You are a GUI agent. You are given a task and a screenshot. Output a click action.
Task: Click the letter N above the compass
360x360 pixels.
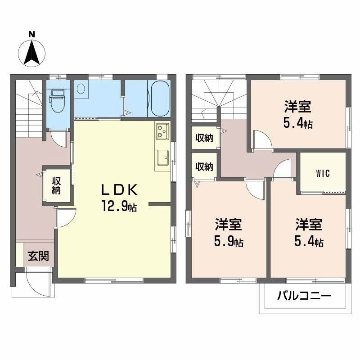click(x=31, y=34)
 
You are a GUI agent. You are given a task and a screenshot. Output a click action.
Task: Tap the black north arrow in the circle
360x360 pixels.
click(x=32, y=52)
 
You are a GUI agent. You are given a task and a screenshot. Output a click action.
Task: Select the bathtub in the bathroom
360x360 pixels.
click(x=160, y=99)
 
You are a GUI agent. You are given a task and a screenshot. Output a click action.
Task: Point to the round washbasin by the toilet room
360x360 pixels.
click(x=81, y=88)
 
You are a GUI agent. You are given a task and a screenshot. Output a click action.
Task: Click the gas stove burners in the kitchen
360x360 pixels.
click(x=162, y=131)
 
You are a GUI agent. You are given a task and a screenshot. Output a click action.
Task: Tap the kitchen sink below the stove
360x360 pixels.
click(x=163, y=157)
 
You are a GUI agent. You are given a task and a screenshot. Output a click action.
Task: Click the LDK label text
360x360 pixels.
click(x=119, y=190)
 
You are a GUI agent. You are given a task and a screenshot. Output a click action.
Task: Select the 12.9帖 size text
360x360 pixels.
click(x=119, y=207)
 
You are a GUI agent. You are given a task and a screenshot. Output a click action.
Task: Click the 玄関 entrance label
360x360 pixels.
click(x=38, y=256)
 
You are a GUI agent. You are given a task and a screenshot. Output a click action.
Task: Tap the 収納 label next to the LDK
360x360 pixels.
click(x=56, y=185)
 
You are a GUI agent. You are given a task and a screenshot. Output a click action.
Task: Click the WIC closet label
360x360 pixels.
click(x=323, y=173)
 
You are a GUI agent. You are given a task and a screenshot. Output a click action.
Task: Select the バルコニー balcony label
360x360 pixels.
click(x=304, y=296)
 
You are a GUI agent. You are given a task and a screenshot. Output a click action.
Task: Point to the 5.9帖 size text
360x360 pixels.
click(x=229, y=242)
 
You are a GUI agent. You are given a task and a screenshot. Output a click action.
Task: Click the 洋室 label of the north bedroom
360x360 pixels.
click(x=298, y=106)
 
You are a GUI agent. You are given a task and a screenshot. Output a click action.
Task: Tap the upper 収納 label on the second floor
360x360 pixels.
click(x=204, y=138)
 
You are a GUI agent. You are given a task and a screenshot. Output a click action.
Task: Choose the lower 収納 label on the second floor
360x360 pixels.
click(x=204, y=166)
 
